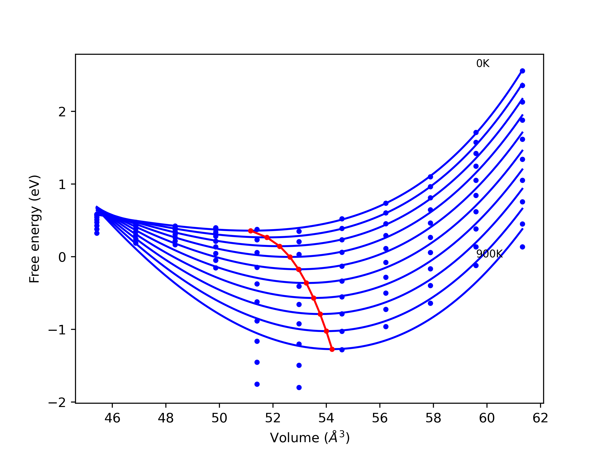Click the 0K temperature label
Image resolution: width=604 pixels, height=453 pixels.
tap(483, 64)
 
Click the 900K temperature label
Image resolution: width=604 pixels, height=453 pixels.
tap(489, 254)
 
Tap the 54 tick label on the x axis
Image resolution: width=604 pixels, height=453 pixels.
tap(326, 418)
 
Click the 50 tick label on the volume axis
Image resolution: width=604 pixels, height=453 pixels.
tap(219, 418)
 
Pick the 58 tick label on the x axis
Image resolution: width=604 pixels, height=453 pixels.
tap(433, 418)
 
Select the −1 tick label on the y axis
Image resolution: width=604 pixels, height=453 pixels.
tap(57, 330)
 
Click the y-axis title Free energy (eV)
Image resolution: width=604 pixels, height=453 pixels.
tap(35, 229)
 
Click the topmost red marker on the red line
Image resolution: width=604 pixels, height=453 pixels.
tap(251, 231)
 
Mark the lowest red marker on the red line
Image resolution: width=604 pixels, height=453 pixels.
tap(332, 349)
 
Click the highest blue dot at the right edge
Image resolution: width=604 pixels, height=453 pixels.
tap(522, 71)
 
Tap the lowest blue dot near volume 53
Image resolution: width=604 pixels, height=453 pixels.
tap(299, 387)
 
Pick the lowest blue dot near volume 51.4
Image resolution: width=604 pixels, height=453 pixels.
tap(257, 384)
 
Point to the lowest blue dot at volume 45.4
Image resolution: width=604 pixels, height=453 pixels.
tap(97, 233)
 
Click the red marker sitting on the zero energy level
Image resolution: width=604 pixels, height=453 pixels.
tap(290, 257)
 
